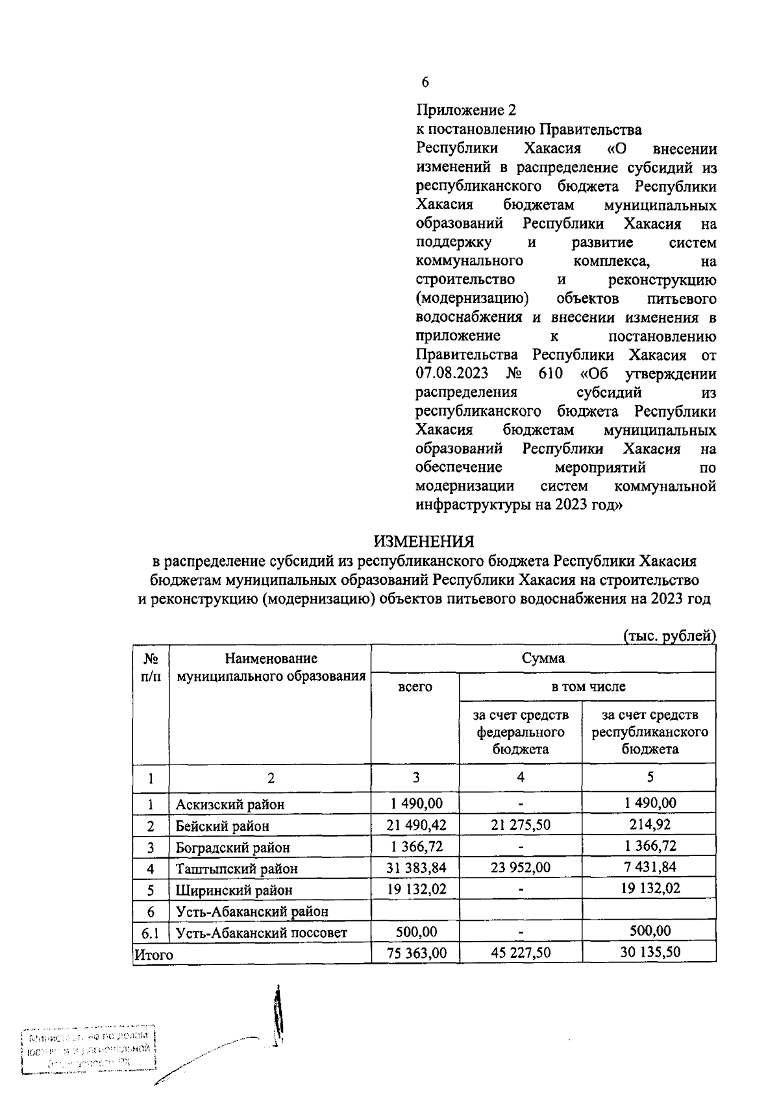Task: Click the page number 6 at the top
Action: [x=425, y=82]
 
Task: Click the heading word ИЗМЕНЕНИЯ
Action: [x=423, y=541]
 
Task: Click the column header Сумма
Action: [x=543, y=658]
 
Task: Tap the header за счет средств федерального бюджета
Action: [x=520, y=731]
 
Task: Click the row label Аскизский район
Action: [x=230, y=805]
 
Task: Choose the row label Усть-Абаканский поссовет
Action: [x=261, y=933]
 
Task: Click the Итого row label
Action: [x=154, y=955]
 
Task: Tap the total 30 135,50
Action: [x=649, y=953]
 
